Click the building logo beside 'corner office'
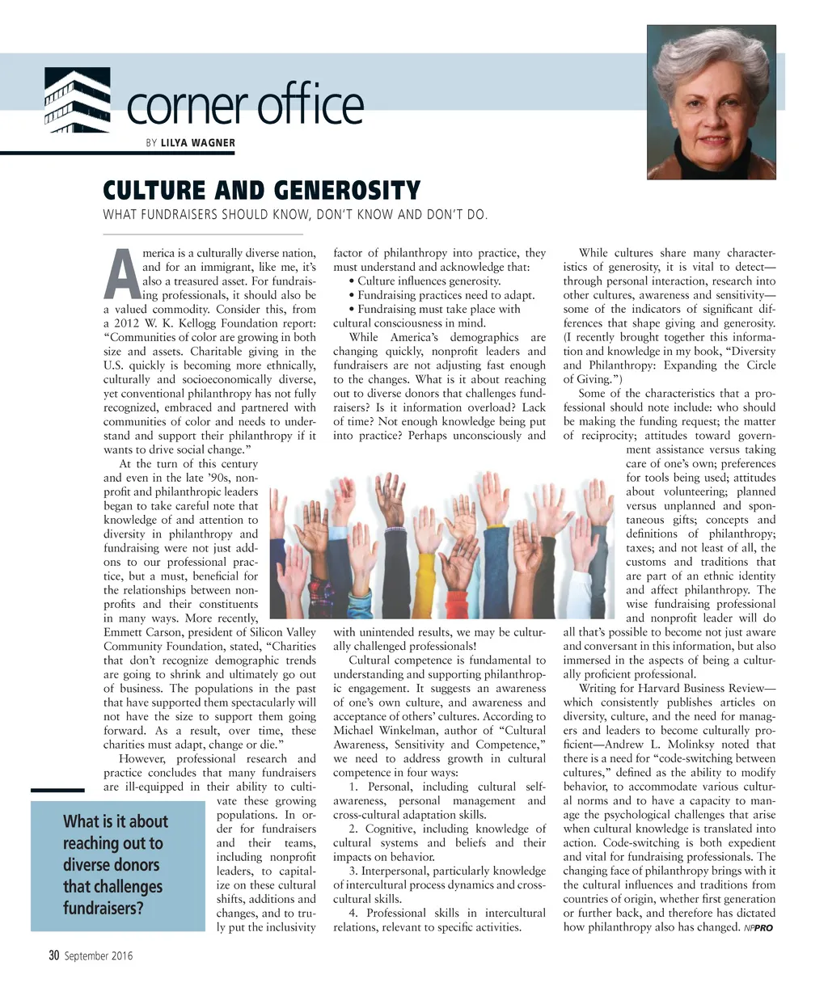[x=77, y=101]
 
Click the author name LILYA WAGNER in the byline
[x=198, y=143]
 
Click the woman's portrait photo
[x=712, y=102]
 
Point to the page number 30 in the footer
[x=54, y=956]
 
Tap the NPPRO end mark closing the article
[x=758, y=928]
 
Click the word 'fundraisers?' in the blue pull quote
[x=103, y=908]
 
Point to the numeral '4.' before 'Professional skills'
[x=354, y=913]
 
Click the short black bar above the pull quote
[x=57, y=790]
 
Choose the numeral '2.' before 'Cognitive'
[x=354, y=829]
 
